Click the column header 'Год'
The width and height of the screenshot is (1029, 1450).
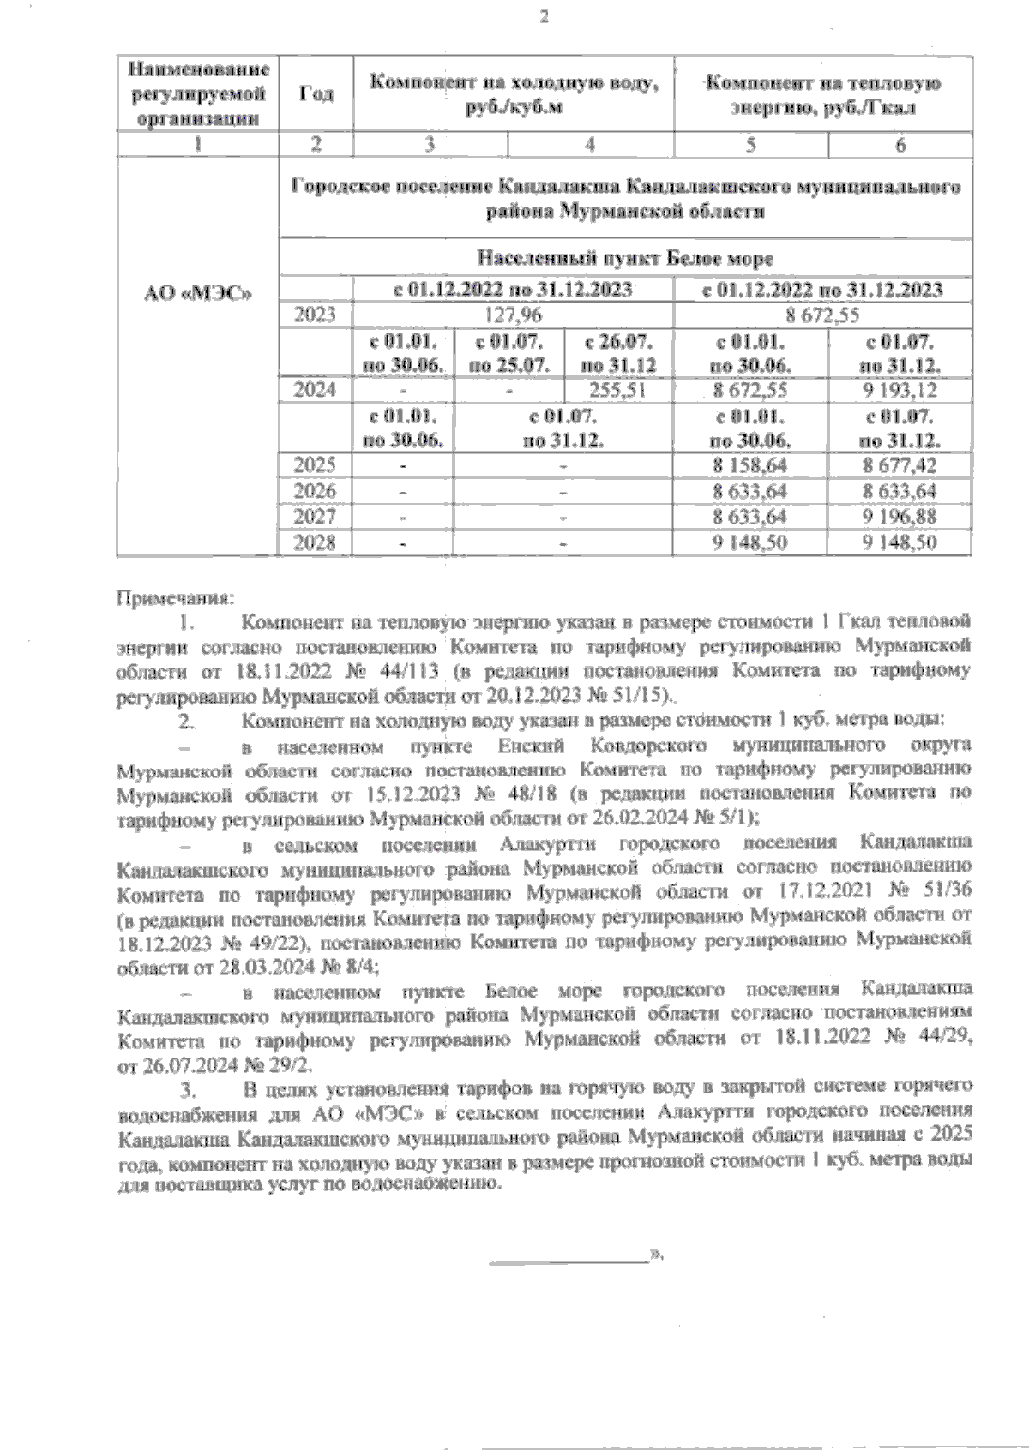point(316,94)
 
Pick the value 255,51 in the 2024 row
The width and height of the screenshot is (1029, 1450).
point(618,391)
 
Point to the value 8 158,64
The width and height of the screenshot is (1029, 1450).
point(750,466)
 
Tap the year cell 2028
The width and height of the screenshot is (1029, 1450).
point(315,542)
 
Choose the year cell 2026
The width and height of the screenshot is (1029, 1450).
point(315,492)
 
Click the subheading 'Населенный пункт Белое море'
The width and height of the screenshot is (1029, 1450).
point(625,258)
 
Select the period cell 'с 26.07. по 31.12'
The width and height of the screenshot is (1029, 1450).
point(619,354)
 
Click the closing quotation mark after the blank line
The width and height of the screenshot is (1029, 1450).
point(659,1254)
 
